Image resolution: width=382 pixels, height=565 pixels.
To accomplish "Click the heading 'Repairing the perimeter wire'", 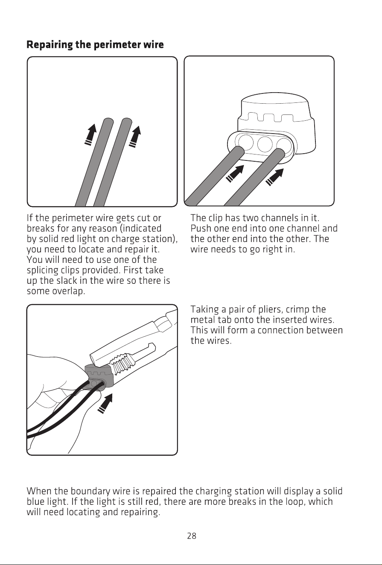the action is [x=95, y=45].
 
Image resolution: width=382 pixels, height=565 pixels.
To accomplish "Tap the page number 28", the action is [x=192, y=536].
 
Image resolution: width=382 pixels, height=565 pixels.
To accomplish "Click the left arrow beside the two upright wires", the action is [x=91, y=134].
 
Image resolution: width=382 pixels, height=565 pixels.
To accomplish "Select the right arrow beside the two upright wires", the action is [x=135, y=137].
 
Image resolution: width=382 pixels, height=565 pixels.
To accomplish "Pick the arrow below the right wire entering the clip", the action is [x=275, y=177].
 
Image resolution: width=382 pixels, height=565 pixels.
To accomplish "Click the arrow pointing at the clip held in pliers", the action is [x=105, y=404].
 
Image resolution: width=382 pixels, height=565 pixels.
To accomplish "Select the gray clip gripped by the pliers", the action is [x=98, y=376].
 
